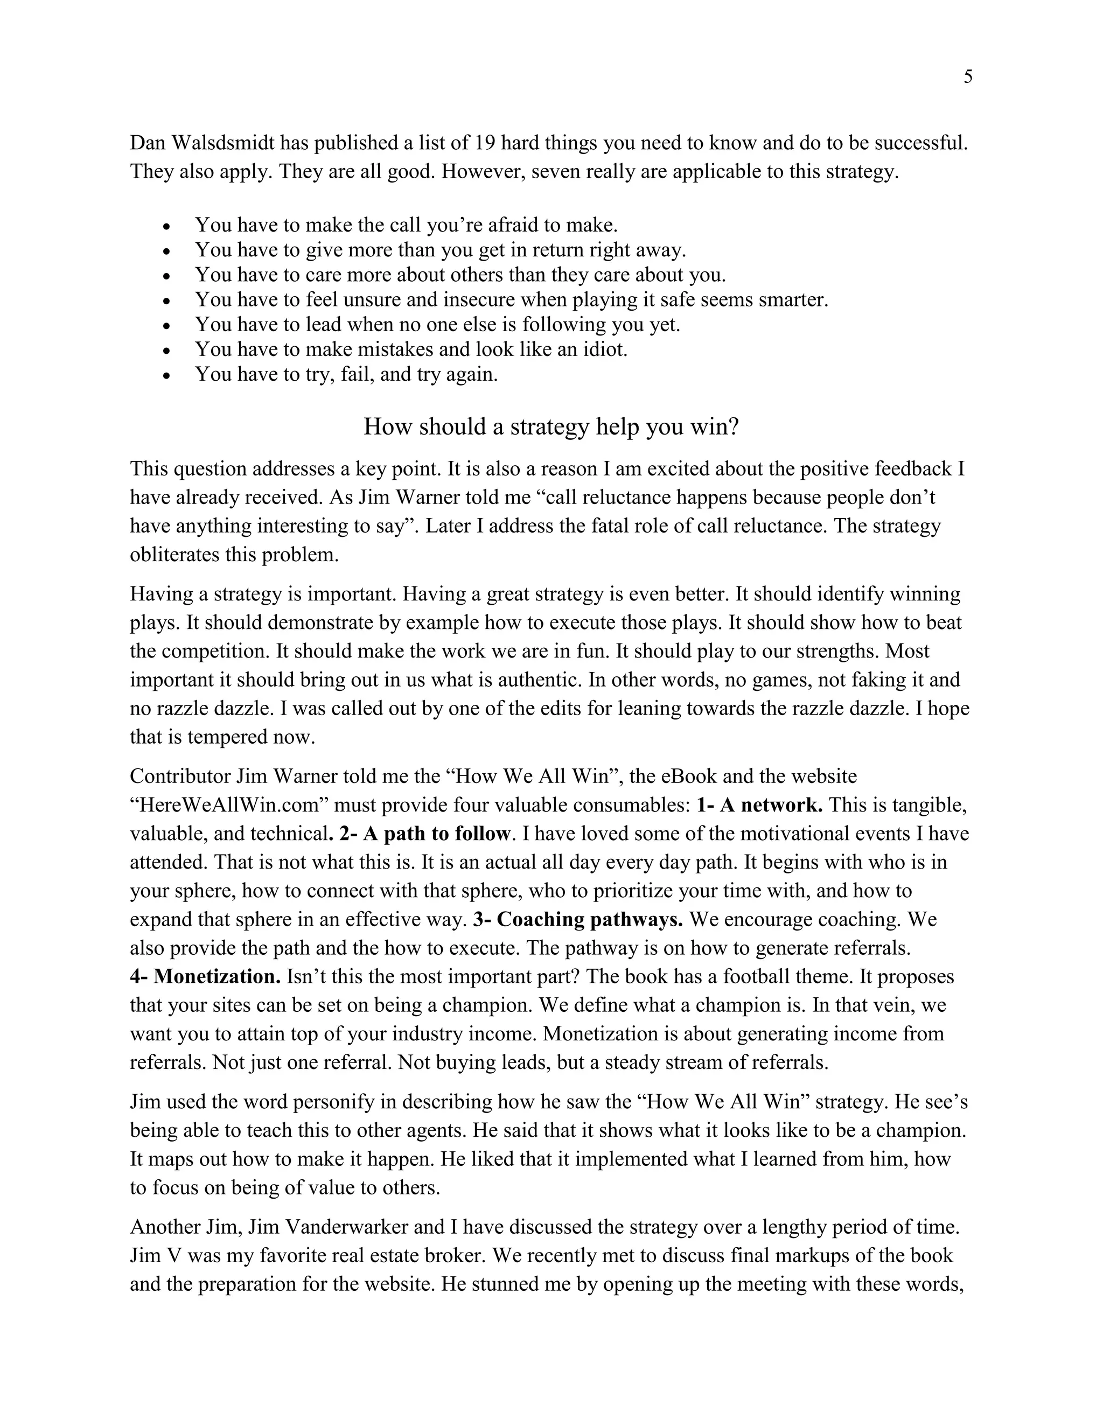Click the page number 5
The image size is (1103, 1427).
coord(968,77)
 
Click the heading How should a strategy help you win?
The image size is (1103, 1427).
coord(551,426)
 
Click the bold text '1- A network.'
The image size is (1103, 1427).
coord(759,805)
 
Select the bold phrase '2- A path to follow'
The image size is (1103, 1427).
coord(424,834)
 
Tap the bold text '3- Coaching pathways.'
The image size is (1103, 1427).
coord(578,919)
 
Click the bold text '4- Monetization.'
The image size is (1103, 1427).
coord(205,977)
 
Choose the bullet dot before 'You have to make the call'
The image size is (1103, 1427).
coord(167,227)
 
